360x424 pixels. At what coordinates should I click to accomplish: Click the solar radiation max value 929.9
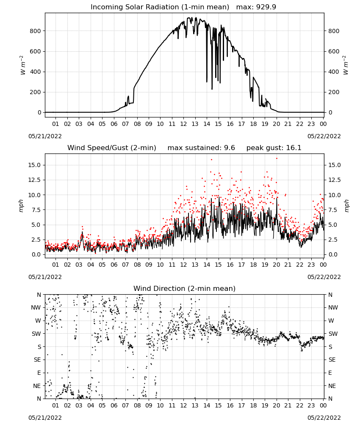(x=266, y=7)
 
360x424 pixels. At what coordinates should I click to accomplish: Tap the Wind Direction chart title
(x=185, y=288)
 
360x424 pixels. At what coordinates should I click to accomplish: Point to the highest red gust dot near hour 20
(x=277, y=159)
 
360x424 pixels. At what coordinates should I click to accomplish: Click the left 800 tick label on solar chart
(x=36, y=31)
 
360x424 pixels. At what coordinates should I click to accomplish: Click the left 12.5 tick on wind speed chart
(x=35, y=180)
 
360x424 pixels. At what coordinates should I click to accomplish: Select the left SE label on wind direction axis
(x=37, y=360)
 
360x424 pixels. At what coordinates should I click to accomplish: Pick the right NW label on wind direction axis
(x=333, y=308)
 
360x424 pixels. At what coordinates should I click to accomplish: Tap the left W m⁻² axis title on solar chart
(x=22, y=65)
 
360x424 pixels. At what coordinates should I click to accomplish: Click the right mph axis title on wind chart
(x=346, y=206)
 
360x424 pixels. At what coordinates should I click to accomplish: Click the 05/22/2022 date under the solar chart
(x=324, y=136)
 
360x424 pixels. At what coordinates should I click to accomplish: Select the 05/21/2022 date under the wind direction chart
(x=45, y=418)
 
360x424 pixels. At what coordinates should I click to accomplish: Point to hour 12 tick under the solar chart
(x=184, y=124)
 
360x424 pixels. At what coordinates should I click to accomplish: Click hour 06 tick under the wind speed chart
(x=114, y=265)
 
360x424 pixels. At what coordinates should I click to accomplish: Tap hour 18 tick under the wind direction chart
(x=253, y=406)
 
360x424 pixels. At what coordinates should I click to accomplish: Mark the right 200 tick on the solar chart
(x=334, y=92)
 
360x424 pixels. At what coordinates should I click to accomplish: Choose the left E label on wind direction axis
(x=39, y=373)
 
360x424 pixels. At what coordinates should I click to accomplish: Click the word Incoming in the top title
(x=106, y=7)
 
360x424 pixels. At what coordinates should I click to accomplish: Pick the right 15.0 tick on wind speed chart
(x=335, y=165)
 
